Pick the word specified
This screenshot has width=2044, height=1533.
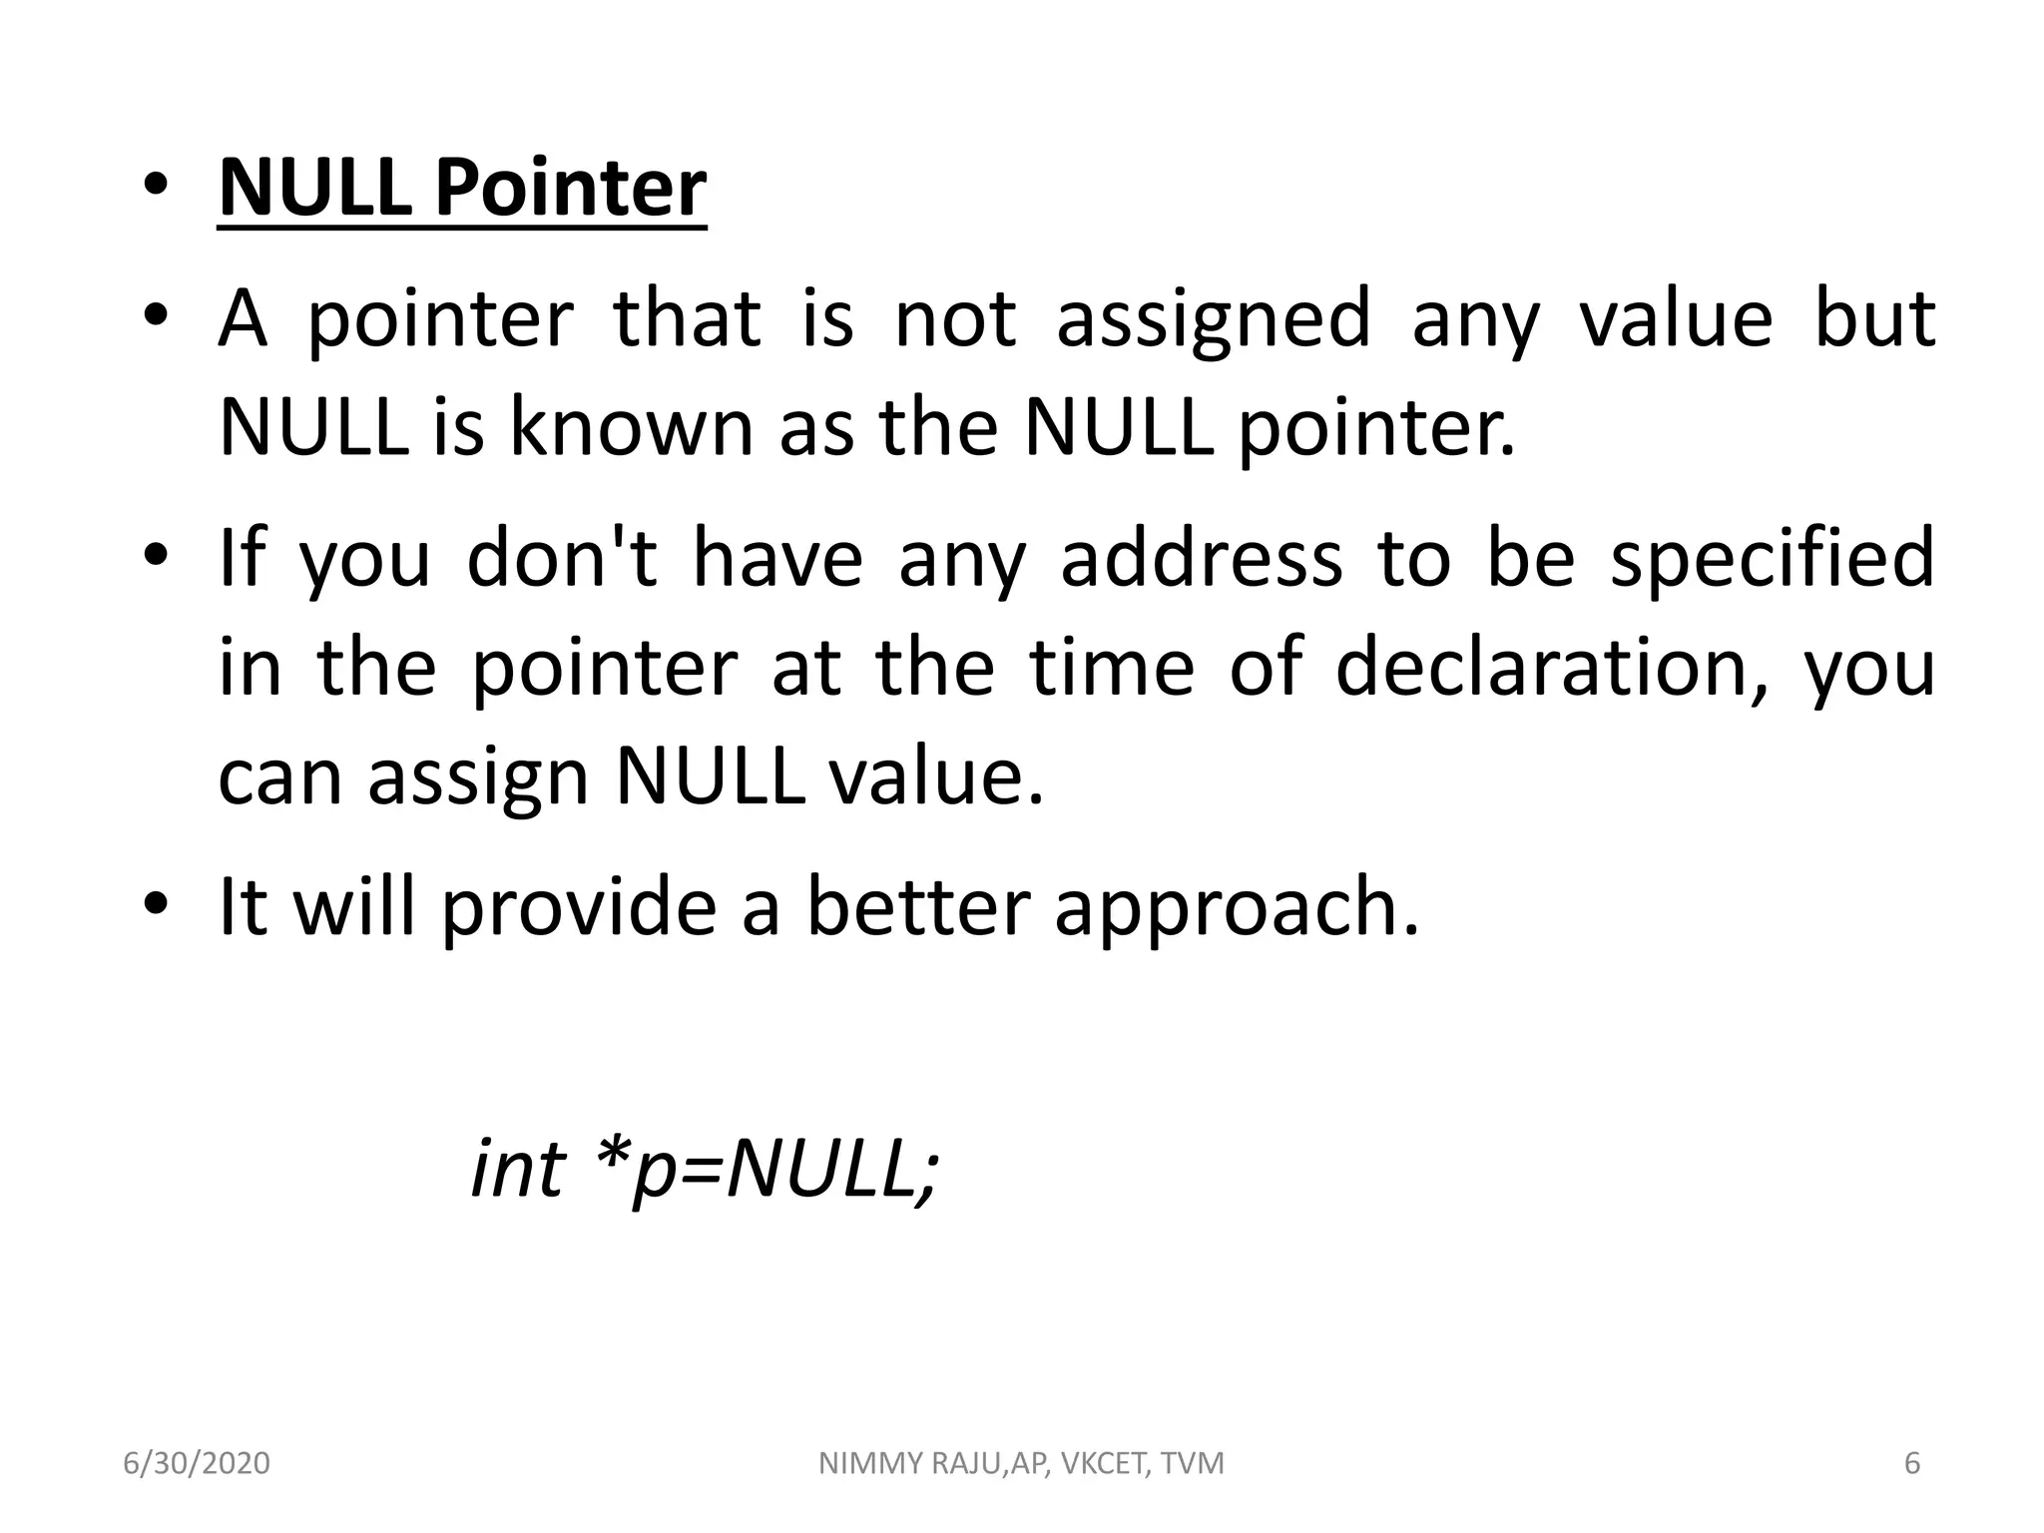[1773, 559]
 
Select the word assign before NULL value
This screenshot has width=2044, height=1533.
[478, 778]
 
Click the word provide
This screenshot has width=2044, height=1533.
[579, 908]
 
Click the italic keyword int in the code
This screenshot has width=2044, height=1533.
[518, 1168]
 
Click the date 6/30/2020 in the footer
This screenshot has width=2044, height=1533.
[197, 1463]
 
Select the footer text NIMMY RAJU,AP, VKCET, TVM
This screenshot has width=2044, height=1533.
[1021, 1463]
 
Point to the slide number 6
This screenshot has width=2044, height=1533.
[1912, 1463]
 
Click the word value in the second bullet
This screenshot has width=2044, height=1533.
[1676, 319]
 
